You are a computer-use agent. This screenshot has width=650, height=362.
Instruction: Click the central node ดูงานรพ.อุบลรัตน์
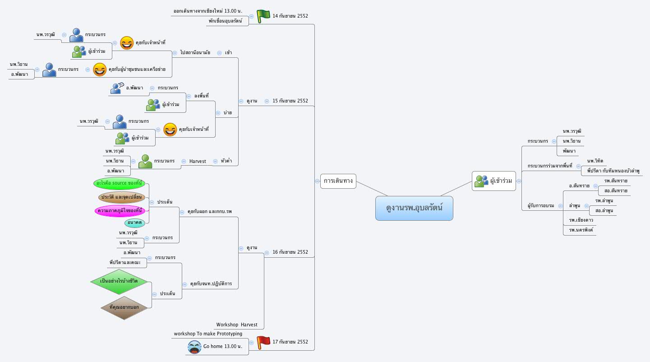[414, 209]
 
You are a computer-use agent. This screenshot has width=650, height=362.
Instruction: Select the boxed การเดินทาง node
[338, 181]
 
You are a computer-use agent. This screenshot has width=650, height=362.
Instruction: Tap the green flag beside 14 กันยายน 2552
[263, 16]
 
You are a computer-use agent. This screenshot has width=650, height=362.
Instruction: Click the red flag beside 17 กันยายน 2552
[263, 343]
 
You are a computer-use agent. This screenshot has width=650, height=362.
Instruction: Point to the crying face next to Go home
[194, 347]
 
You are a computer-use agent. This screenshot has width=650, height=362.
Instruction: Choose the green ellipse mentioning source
[120, 183]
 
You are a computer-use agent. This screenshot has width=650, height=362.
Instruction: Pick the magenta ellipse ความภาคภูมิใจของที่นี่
[120, 211]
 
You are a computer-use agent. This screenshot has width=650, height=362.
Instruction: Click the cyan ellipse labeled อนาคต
[135, 223]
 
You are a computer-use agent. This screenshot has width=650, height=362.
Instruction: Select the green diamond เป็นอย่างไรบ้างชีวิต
[120, 281]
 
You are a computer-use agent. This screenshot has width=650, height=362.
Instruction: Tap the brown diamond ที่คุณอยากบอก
[124, 307]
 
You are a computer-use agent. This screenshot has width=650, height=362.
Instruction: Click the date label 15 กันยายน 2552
[290, 101]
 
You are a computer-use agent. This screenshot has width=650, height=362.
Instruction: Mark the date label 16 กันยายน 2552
[290, 252]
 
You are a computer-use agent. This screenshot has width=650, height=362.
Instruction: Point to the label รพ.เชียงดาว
[581, 220]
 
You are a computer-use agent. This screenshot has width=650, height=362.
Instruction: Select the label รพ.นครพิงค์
[581, 230]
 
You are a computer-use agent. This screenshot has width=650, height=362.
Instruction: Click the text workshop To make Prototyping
[208, 334]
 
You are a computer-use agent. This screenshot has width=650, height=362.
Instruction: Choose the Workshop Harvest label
[237, 325]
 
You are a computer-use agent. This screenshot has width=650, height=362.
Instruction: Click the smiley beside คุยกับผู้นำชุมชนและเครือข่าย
[100, 70]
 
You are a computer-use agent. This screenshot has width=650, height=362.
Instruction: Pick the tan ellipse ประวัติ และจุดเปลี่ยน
[122, 197]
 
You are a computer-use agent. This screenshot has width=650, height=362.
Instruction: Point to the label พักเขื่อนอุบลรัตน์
[226, 21]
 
